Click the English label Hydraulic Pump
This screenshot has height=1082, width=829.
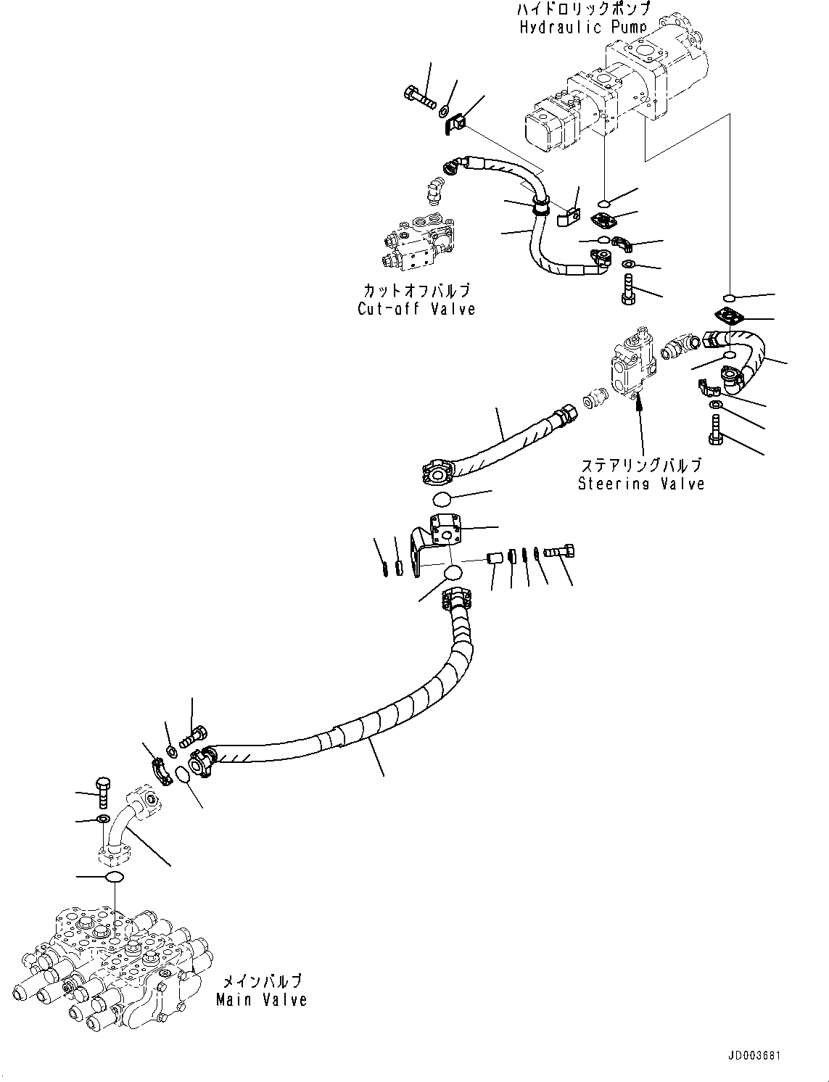click(583, 28)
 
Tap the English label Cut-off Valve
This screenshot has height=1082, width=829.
click(416, 309)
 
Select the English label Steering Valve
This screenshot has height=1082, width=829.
click(641, 484)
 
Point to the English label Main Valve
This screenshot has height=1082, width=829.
click(262, 999)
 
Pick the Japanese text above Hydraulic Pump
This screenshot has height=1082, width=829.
click(583, 9)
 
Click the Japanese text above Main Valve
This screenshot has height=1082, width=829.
click(262, 982)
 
